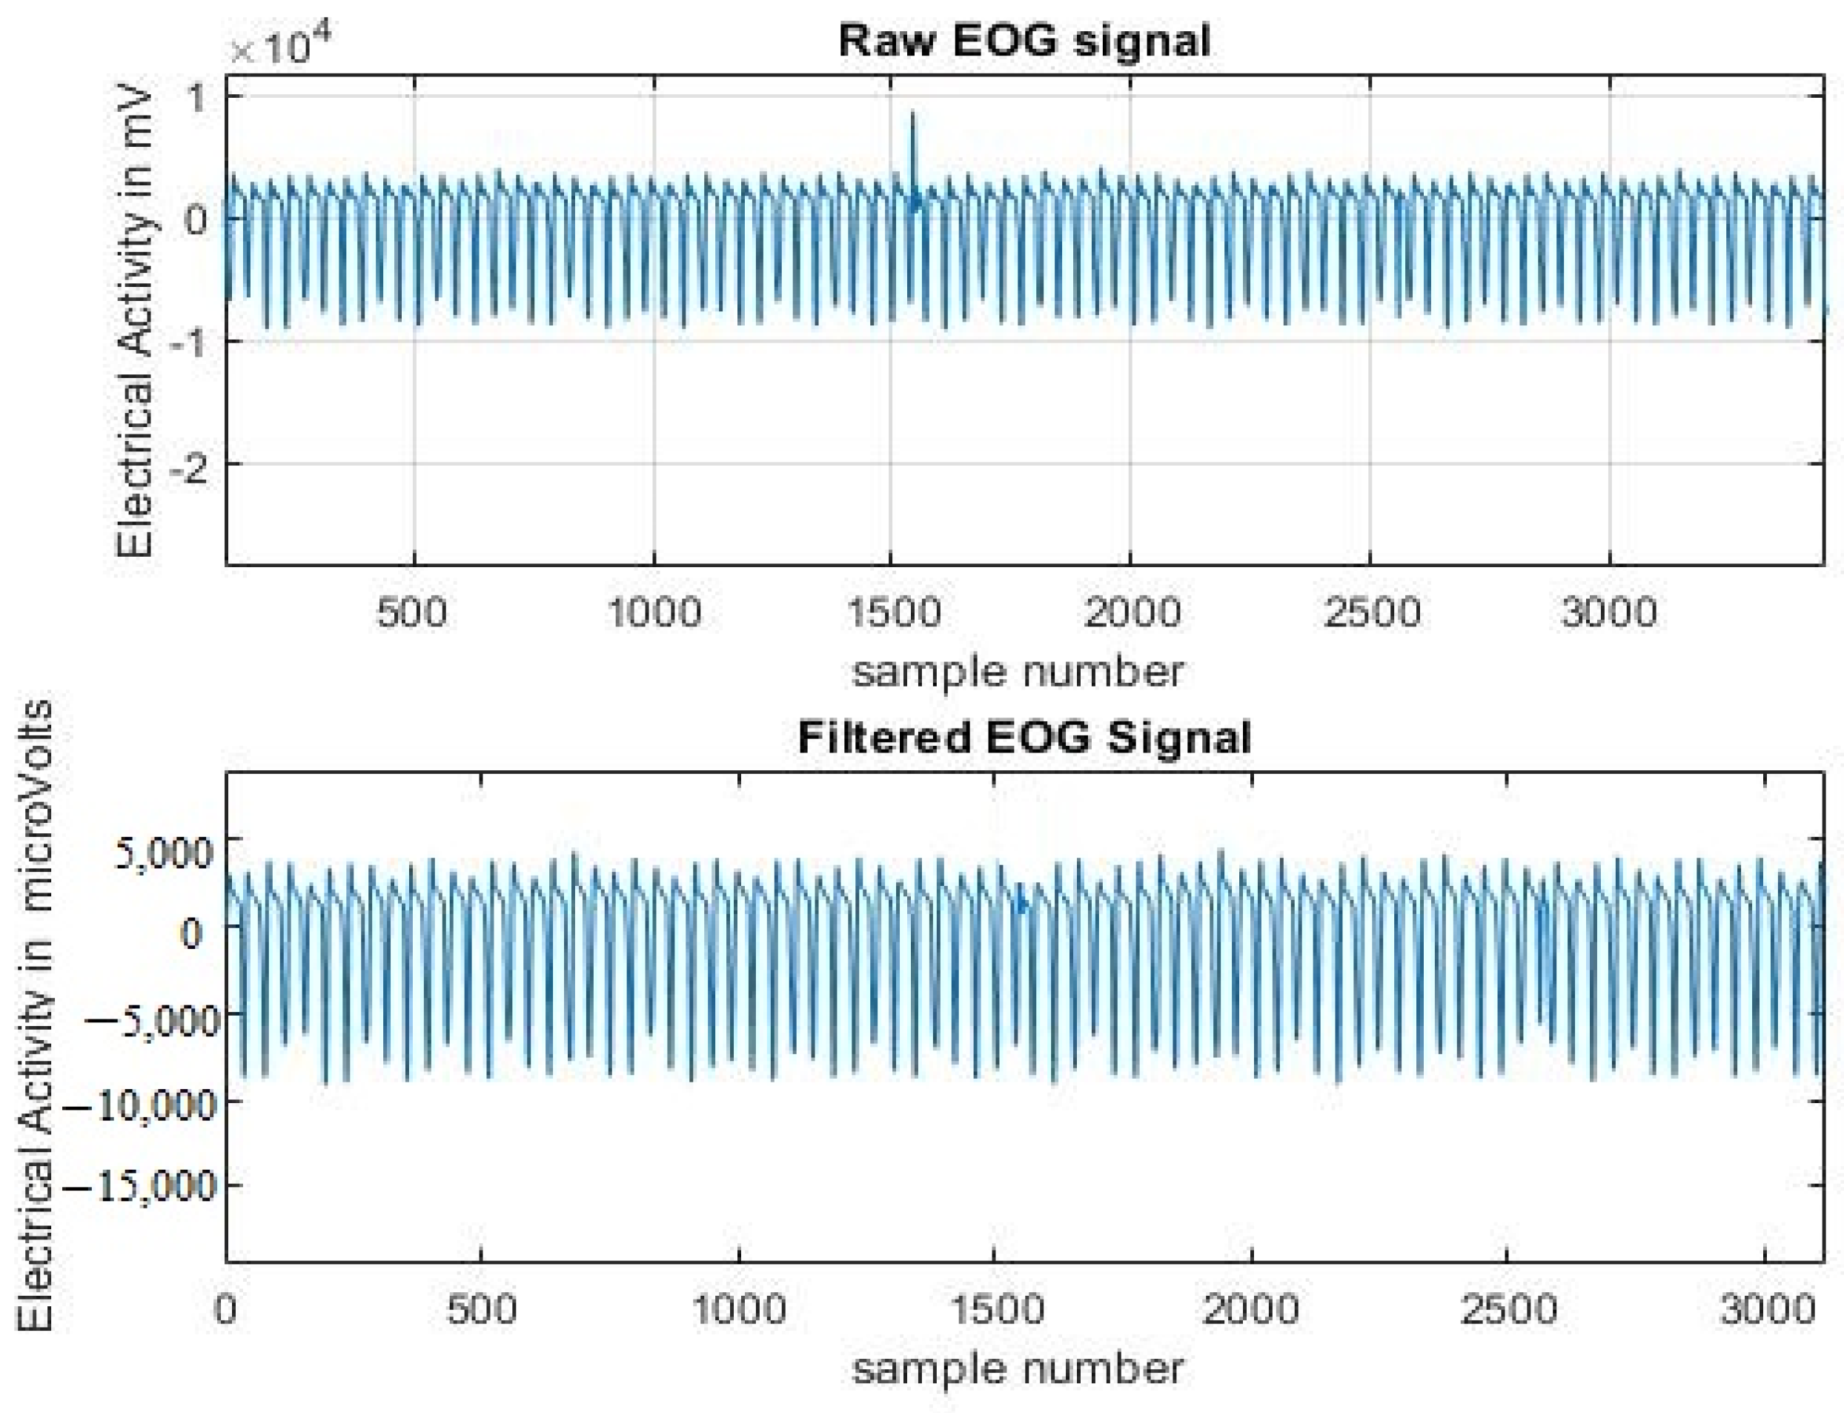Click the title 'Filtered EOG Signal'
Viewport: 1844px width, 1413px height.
1024,738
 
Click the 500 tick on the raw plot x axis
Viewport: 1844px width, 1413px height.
412,612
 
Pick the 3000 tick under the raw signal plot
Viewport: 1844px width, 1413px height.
1608,612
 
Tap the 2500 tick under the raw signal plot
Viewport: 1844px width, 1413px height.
1370,612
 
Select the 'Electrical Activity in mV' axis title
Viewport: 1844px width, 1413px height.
135,324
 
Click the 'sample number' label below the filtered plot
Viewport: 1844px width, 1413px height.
1018,1369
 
